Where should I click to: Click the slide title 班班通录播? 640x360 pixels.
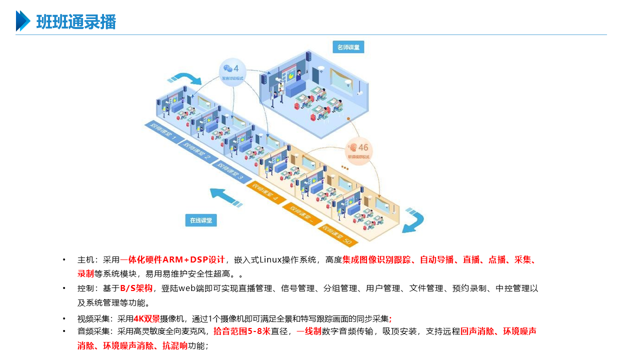pos(76,22)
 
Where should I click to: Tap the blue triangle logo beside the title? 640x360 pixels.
pos(23,21)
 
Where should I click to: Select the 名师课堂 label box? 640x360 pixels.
pos(348,47)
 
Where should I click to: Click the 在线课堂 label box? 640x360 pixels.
pos(201,220)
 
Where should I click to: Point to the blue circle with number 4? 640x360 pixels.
pos(232,70)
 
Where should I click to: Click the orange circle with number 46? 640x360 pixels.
pos(359,149)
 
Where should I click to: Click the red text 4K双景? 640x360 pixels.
pos(146,318)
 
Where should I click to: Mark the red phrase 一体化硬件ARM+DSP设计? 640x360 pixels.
pos(176,259)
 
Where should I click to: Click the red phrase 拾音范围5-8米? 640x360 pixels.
pos(241,331)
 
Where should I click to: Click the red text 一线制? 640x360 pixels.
pos(309,331)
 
